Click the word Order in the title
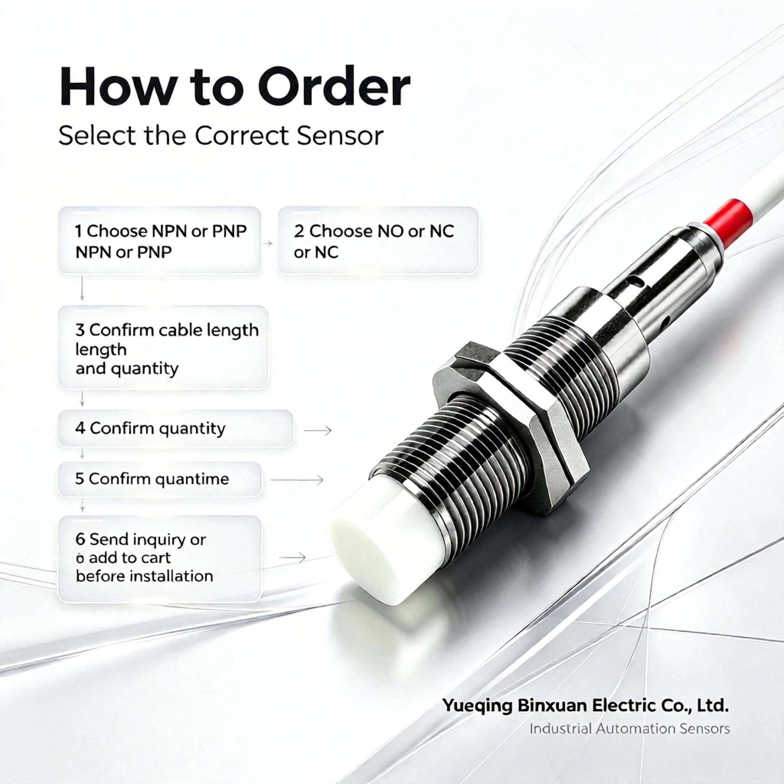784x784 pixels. point(333,88)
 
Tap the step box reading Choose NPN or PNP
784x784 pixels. point(160,240)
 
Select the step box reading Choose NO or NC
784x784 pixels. point(378,240)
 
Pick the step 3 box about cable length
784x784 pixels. point(163,348)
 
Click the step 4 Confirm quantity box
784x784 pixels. point(175,428)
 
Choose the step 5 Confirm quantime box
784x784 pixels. point(160,479)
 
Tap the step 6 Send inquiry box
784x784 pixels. point(160,559)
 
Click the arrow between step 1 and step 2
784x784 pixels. point(268,243)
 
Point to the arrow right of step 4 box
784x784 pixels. point(318,430)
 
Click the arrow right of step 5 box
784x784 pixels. point(297,480)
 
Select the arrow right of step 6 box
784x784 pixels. point(292,557)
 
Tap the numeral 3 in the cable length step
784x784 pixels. point(80,330)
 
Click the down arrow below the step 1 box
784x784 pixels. point(82,288)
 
